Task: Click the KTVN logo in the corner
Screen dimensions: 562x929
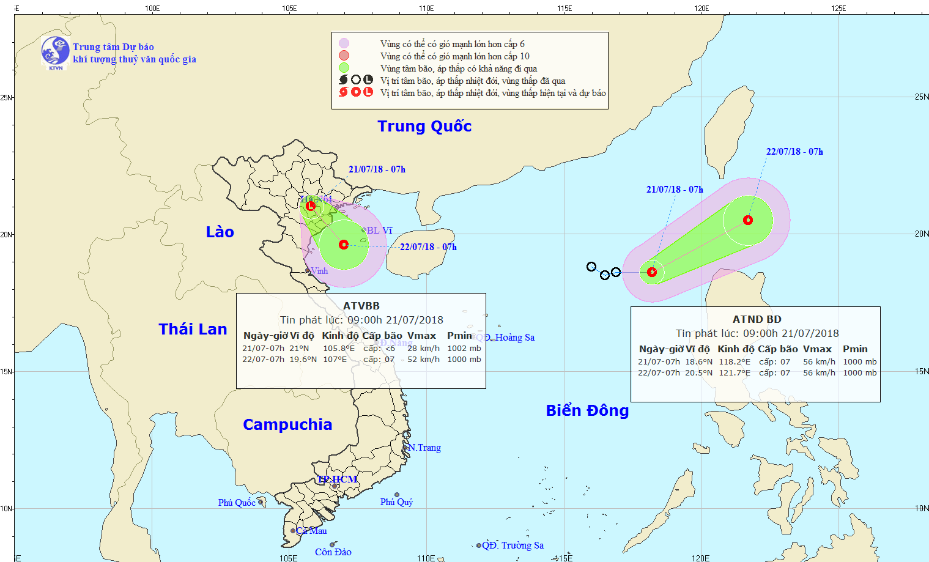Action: click(x=55, y=52)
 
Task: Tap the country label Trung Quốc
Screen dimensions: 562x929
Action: click(x=424, y=126)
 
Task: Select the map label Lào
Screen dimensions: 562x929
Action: click(x=220, y=232)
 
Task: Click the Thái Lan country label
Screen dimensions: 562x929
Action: click(x=193, y=329)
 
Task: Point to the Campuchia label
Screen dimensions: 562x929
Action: click(x=287, y=424)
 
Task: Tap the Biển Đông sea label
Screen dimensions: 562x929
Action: click(x=587, y=410)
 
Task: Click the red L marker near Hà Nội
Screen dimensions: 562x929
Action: click(x=311, y=206)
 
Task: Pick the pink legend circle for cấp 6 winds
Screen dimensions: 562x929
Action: click(x=344, y=43)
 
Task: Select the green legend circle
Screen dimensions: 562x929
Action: click(x=344, y=68)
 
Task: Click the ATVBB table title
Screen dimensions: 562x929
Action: click(x=361, y=306)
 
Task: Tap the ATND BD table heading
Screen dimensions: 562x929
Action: click(x=757, y=319)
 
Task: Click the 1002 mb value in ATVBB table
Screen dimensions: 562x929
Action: click(x=464, y=349)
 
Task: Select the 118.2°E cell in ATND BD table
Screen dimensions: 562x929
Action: click(x=735, y=362)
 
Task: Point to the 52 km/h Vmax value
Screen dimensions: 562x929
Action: click(x=423, y=360)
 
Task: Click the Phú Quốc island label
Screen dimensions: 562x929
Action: click(x=236, y=503)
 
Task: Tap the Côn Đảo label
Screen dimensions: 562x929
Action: click(x=333, y=552)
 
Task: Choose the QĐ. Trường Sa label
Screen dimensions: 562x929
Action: click(x=513, y=545)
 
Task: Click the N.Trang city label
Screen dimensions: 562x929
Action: click(x=424, y=448)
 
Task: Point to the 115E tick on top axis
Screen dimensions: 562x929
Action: click(x=564, y=9)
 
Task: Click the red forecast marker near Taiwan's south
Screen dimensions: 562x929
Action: click(x=748, y=220)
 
